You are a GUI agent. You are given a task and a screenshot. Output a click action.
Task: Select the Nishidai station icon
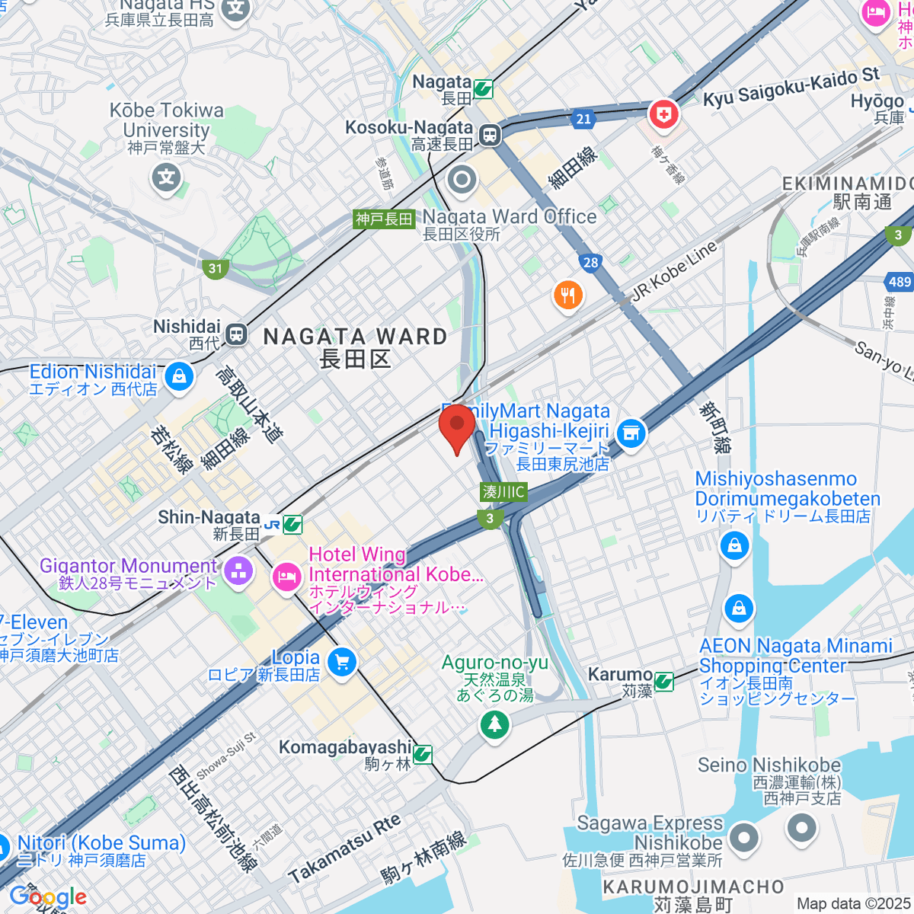237,334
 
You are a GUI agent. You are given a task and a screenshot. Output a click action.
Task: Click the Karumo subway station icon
664,681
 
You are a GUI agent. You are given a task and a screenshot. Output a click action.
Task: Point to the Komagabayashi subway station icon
423,754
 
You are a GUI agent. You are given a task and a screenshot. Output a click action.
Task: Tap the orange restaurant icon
567,295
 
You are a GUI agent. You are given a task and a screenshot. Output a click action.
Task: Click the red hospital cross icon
663,115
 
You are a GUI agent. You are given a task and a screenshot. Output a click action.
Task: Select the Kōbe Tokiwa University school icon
167,178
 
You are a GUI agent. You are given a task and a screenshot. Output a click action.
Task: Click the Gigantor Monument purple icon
238,571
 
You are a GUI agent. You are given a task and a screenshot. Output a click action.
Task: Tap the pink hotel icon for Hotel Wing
286,577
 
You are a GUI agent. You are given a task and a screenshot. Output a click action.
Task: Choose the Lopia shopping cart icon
341,662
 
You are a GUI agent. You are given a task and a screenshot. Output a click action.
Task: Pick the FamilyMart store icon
631,434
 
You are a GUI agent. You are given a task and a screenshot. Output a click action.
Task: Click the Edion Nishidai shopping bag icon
179,376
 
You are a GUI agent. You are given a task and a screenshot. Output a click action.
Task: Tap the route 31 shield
216,268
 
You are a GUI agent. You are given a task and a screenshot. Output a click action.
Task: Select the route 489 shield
900,282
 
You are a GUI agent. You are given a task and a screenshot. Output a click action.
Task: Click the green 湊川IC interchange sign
503,492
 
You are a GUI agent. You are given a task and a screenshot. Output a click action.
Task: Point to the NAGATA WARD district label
355,337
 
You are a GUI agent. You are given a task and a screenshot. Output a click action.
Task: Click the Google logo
47,896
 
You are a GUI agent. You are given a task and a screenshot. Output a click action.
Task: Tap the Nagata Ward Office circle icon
462,181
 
